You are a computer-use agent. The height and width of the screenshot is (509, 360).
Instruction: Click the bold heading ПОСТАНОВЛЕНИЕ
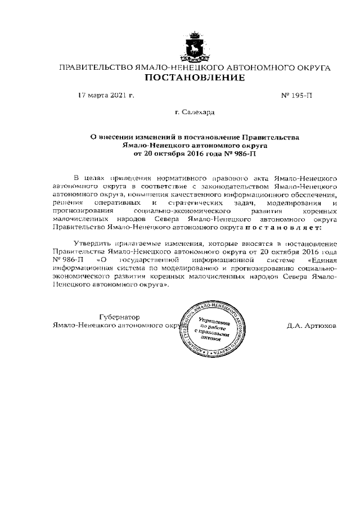[x=195, y=78]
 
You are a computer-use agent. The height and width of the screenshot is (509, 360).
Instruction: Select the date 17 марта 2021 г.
[x=106, y=96]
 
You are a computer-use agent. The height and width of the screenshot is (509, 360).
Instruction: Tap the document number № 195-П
[x=296, y=96]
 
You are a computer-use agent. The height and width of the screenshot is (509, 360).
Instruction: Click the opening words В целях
[x=85, y=177]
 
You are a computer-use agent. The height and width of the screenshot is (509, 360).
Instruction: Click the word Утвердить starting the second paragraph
[x=92, y=245]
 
